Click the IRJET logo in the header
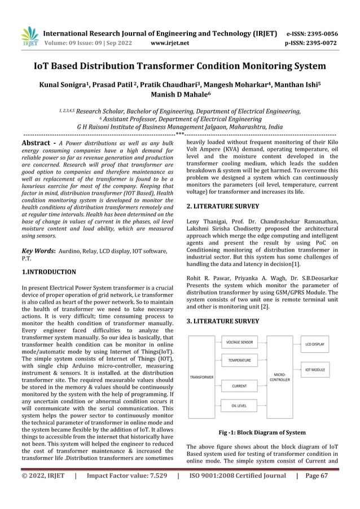click(29, 37)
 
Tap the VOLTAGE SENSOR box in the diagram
click(239, 342)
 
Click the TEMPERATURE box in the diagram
click(239, 359)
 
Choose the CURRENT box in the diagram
click(239, 387)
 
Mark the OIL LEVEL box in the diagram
click(239, 405)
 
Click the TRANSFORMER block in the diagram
click(201, 377)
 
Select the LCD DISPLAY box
click(315, 343)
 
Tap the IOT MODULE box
click(315, 370)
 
